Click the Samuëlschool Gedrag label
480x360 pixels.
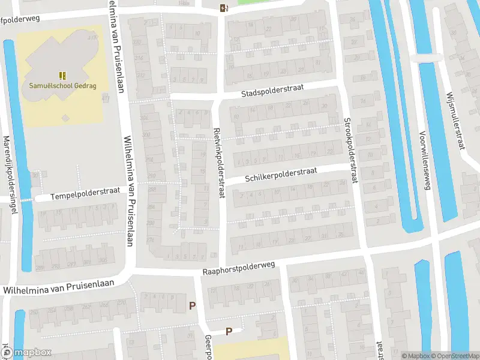tap(62, 85)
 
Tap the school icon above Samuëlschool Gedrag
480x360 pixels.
tap(62, 76)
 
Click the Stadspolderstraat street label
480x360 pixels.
tap(272, 91)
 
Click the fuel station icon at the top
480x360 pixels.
tap(223, 8)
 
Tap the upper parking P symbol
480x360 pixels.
tap(192, 305)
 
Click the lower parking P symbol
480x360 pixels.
tap(229, 331)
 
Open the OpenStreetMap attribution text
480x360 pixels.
tap(455, 356)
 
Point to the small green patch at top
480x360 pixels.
tap(252, 2)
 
